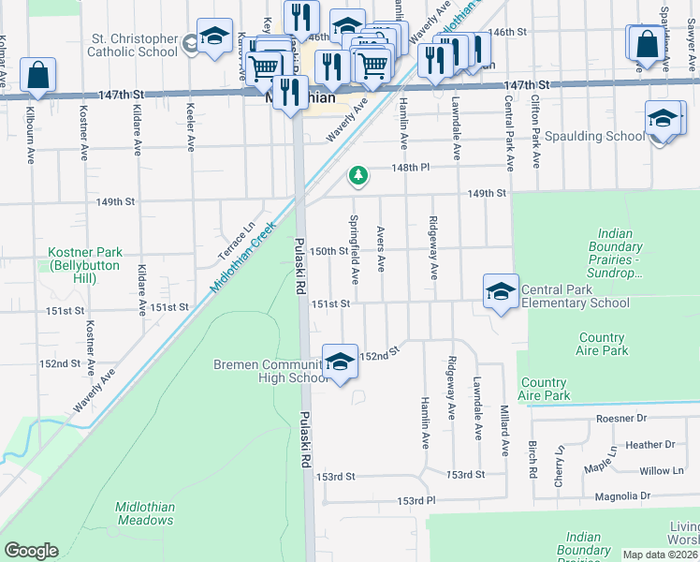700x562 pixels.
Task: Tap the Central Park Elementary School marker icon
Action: (x=501, y=292)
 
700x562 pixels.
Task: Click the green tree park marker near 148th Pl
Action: (x=357, y=175)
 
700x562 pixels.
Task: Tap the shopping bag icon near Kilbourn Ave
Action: (x=37, y=76)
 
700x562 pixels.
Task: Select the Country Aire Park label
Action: (x=602, y=344)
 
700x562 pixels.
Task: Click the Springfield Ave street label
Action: (x=355, y=250)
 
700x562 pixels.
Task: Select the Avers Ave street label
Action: (x=380, y=248)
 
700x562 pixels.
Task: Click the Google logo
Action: (x=31, y=550)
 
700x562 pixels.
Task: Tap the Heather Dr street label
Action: (x=649, y=445)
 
